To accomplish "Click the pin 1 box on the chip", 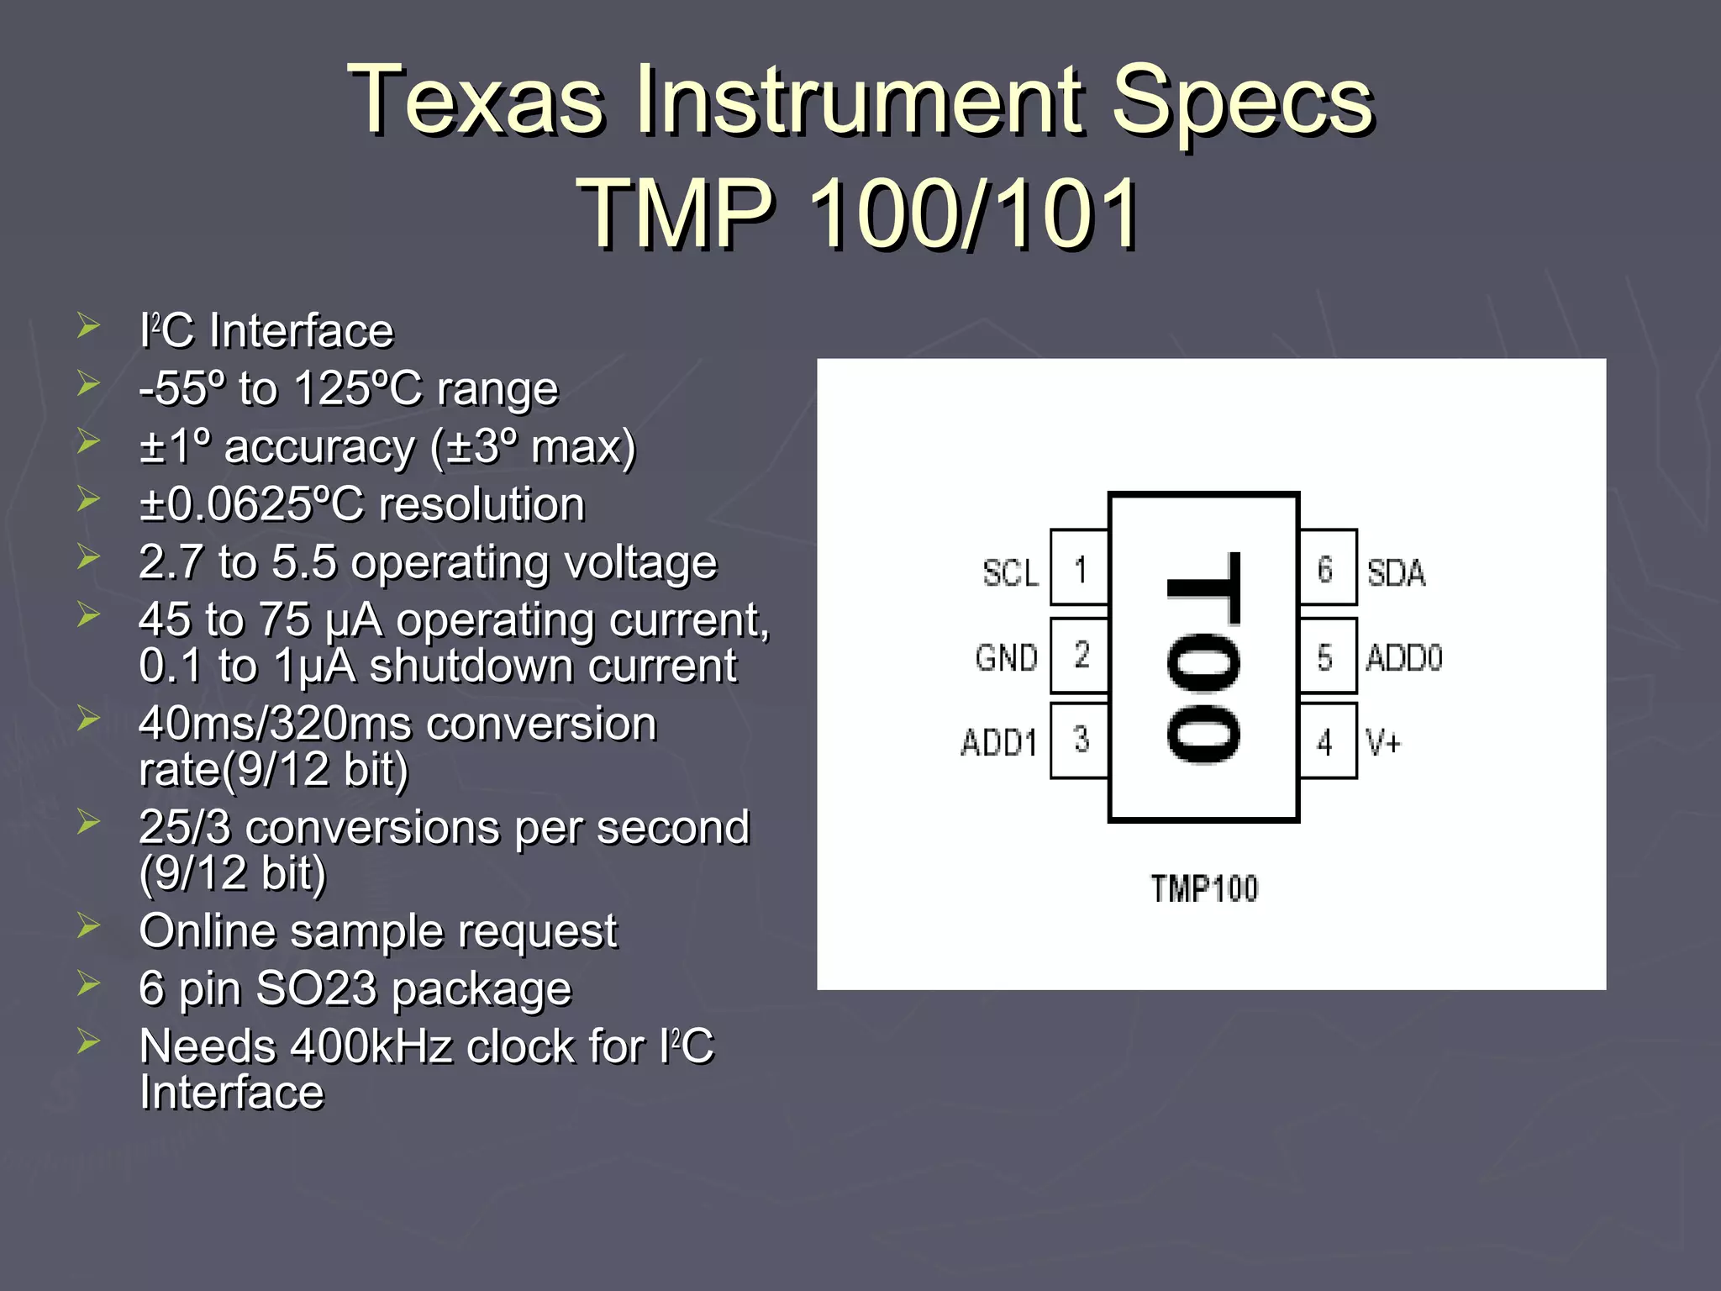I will (1080, 568).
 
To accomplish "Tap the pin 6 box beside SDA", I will (1327, 568).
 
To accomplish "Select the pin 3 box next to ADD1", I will (1080, 740).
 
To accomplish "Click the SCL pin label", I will (1011, 573).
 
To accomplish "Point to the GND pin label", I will (1007, 657).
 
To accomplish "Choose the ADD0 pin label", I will (1403, 657).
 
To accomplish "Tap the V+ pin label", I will (1383, 742).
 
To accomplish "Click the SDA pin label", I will (1396, 573).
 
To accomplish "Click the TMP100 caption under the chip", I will (1204, 888).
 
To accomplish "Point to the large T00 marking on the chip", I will (1203, 657).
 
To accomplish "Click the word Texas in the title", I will (476, 101).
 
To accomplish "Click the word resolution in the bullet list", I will (482, 504).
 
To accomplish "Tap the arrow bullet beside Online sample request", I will (88, 926).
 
